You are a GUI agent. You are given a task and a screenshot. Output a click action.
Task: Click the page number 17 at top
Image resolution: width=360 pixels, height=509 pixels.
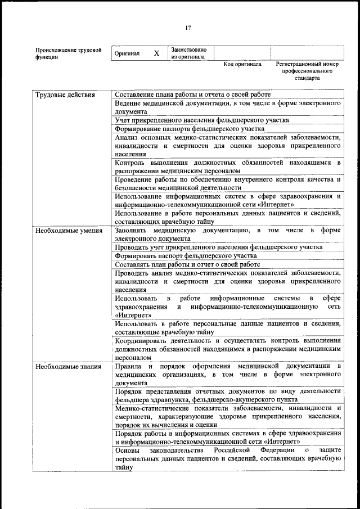(188, 28)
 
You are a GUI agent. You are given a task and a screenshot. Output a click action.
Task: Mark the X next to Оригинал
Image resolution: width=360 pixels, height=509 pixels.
(156, 53)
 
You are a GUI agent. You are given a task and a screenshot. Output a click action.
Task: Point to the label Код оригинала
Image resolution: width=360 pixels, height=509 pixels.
(242, 65)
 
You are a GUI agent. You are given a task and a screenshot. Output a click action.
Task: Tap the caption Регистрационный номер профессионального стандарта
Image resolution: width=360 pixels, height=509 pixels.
(307, 71)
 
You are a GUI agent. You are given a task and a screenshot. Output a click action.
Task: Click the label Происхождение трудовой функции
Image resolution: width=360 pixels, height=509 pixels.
(68, 53)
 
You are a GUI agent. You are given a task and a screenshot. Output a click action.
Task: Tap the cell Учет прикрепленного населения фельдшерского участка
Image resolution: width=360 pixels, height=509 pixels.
(201, 120)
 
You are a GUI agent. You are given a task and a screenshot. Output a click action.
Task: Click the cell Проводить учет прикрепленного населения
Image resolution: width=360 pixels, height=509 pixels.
(218, 247)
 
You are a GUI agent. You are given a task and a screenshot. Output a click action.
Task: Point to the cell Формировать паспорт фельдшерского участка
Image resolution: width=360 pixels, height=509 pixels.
(186, 255)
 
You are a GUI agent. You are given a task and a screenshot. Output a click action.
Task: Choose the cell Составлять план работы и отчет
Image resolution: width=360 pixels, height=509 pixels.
(187, 264)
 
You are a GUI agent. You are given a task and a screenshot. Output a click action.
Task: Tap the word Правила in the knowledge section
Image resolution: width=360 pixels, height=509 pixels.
(126, 366)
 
